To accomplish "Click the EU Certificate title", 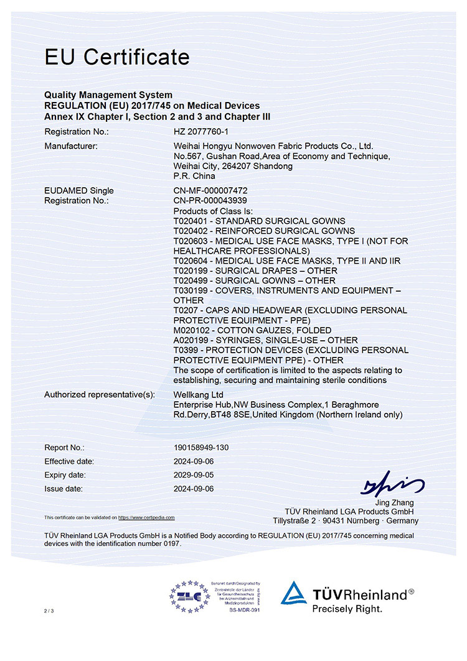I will point(116,57).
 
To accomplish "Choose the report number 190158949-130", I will point(205,448).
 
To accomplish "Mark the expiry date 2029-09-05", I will point(194,475).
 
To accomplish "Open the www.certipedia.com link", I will point(146,517).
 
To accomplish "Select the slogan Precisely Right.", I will point(347,609).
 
